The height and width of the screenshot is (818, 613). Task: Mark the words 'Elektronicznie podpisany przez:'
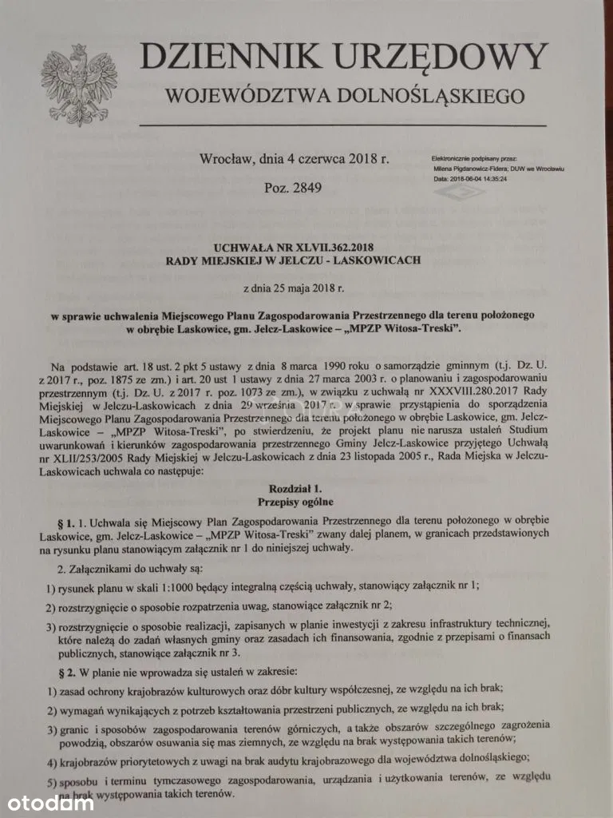(x=475, y=160)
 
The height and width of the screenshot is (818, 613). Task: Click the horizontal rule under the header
(x=343, y=125)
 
